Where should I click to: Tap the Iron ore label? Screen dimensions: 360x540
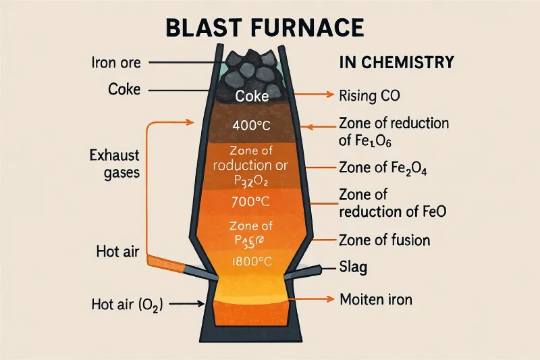tap(115, 63)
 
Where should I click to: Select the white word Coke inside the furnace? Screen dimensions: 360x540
tap(252, 97)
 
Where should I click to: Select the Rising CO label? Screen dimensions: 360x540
tap(369, 95)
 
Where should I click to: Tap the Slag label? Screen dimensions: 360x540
tap(353, 267)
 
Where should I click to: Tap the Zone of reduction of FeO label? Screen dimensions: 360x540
tap(391, 203)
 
